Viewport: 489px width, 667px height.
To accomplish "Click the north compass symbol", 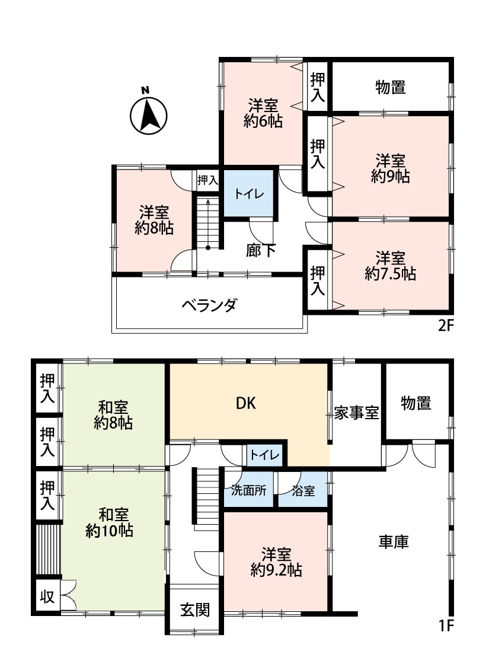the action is (x=148, y=114).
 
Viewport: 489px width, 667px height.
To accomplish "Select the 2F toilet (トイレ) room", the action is (x=249, y=193).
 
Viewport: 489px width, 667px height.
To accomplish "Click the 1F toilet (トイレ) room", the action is (x=264, y=455).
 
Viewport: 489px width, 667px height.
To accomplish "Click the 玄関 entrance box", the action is (x=195, y=609).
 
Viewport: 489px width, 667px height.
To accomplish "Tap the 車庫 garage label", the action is (x=394, y=541).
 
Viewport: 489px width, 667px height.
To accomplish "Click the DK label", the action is (x=246, y=403).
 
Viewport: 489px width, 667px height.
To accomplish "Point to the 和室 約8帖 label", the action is (x=113, y=415).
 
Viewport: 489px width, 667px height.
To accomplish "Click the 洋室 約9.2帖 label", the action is (x=276, y=562).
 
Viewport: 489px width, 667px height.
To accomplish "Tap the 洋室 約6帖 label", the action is (x=263, y=113).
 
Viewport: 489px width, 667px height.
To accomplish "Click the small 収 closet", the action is (x=47, y=596).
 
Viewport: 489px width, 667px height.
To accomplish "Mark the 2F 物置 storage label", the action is (x=391, y=87).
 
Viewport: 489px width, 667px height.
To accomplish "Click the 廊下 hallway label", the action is (x=261, y=250).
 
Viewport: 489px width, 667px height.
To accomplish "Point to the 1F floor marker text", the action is (x=446, y=625).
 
